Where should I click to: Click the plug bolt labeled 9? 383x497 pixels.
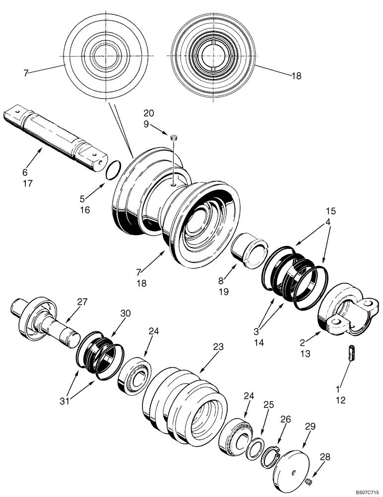[174, 138]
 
